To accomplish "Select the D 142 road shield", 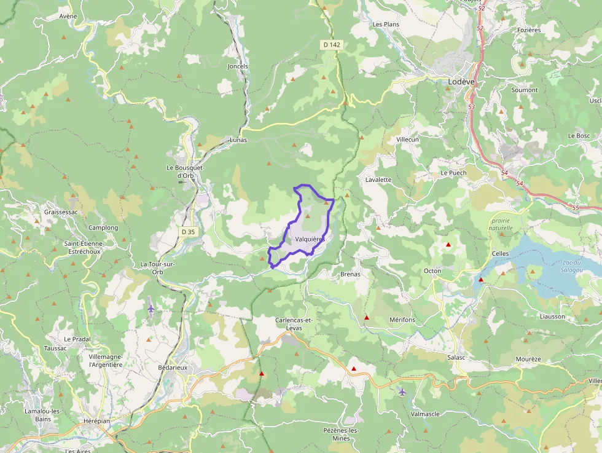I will click(331, 45).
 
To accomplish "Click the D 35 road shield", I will click(188, 232).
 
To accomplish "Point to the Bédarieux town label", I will click(172, 368).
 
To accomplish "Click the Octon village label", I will click(432, 271).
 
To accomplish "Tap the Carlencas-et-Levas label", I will click(294, 324).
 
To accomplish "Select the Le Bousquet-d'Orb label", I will click(185, 171).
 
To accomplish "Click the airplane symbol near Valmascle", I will click(402, 392).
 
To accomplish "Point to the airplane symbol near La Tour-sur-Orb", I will click(151, 308).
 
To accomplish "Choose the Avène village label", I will click(68, 17).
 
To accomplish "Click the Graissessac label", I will click(61, 212).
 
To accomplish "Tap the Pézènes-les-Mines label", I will click(341, 434).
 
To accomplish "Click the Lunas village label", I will click(238, 140).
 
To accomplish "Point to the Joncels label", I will click(238, 66).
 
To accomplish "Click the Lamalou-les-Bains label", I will click(43, 415).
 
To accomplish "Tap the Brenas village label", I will click(350, 274).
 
